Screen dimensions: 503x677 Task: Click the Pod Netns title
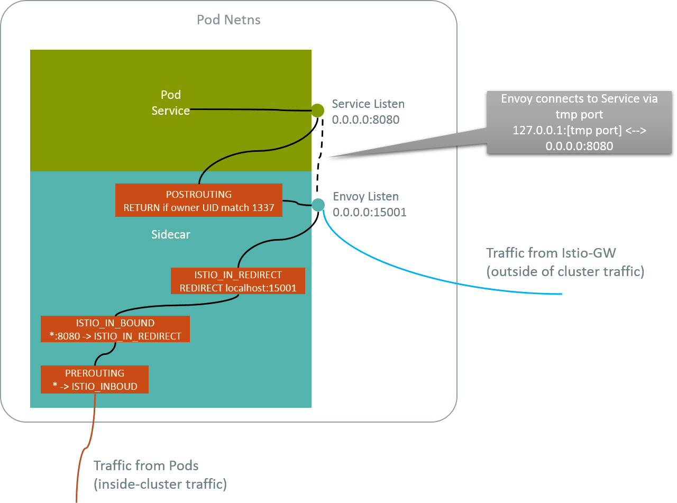[228, 20]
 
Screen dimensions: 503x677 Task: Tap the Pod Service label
[170, 103]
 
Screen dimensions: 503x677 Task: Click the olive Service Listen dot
[317, 110]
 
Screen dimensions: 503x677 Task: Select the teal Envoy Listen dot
[318, 204]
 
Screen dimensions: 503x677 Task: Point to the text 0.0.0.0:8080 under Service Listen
[365, 120]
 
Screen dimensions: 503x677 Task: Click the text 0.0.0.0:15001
[370, 213]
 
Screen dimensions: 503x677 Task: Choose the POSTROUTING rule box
[198, 200]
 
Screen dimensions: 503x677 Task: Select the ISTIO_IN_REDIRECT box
[238, 281]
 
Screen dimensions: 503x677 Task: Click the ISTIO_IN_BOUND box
[115, 329]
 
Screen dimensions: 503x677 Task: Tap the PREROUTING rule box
[95, 379]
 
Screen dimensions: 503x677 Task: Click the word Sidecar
[170, 234]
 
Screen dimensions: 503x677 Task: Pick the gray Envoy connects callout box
[579, 122]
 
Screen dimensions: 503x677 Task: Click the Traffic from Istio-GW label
[551, 252]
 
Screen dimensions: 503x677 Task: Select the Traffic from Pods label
[146, 466]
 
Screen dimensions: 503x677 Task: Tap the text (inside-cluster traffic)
[160, 483]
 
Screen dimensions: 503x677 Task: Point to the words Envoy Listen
[365, 197]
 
